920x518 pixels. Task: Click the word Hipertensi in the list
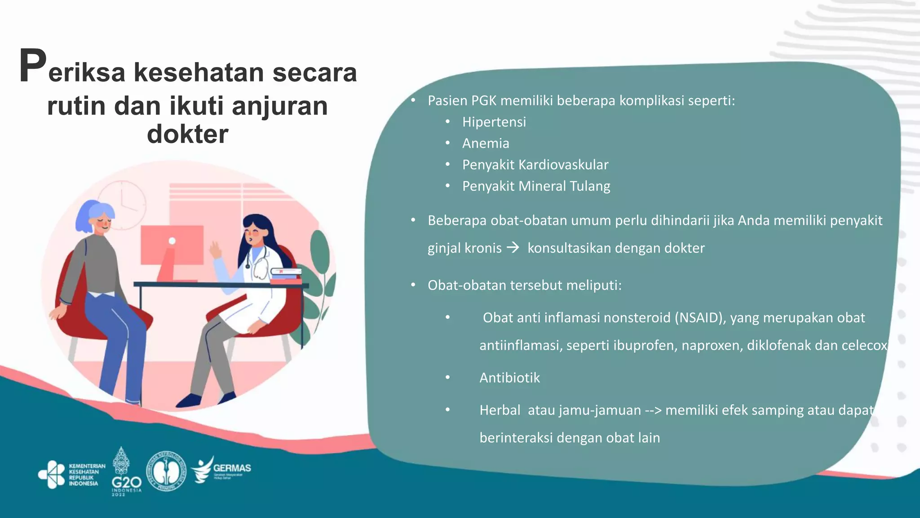coord(494,122)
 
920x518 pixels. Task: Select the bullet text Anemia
coord(486,143)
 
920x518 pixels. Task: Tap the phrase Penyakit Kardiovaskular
coord(535,165)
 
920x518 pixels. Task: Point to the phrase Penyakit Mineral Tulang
coord(536,186)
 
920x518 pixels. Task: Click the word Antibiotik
coord(509,378)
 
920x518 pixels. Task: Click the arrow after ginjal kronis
coord(513,247)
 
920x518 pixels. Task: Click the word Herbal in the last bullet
coord(500,410)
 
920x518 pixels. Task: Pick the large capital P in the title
coord(32,67)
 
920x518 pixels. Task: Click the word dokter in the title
coord(187,134)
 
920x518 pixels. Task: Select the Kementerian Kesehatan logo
coord(72,474)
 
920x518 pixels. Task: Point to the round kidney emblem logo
coord(167,471)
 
